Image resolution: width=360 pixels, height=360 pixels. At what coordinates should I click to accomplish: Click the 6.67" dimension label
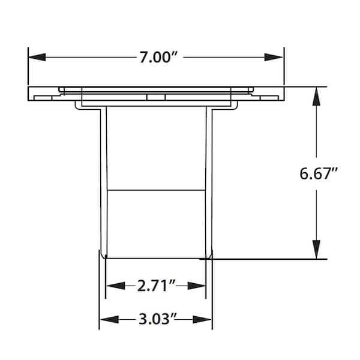pyautogui.click(x=319, y=174)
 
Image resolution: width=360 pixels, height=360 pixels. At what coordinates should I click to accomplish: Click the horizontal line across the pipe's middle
pyautogui.click(x=155, y=190)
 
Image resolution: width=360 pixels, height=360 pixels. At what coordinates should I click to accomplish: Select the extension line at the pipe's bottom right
pyautogui.click(x=270, y=259)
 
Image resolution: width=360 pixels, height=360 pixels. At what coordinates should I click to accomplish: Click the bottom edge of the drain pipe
pyautogui.click(x=155, y=258)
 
